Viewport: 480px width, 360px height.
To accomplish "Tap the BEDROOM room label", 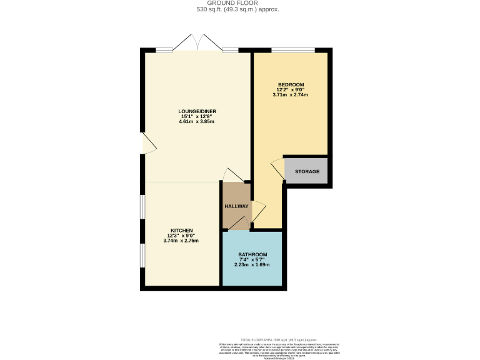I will tap(291, 85).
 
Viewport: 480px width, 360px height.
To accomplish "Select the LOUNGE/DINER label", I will tap(197, 111).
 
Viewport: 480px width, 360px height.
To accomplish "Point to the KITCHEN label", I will tap(181, 230).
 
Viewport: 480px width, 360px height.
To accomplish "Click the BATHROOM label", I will tap(252, 254).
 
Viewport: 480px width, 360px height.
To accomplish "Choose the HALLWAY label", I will tap(236, 206).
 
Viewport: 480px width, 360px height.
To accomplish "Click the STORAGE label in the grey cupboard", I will tap(307, 171).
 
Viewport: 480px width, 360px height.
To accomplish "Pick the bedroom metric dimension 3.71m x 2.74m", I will tap(291, 95).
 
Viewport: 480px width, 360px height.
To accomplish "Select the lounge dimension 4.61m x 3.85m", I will tap(197, 121).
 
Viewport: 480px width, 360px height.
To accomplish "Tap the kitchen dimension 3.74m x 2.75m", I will tap(181, 240).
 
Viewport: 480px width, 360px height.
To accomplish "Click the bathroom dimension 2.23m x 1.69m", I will tap(252, 264).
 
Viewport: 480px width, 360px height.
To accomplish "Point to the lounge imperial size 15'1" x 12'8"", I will tap(197, 116).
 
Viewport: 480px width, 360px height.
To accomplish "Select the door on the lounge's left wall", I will tap(148, 144).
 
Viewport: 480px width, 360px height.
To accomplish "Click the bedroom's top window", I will tap(292, 50).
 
